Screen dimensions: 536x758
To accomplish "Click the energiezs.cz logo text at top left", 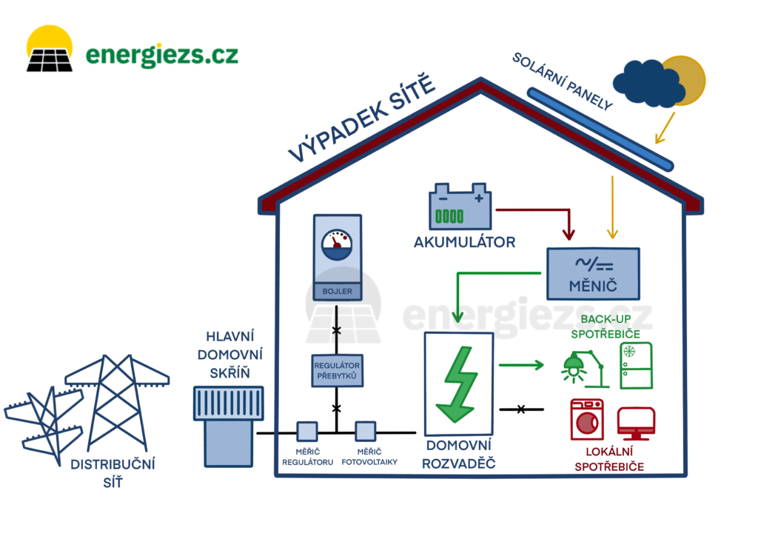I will [161, 55].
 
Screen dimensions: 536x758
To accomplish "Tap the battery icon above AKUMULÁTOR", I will [460, 208].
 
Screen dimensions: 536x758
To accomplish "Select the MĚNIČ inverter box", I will [594, 272].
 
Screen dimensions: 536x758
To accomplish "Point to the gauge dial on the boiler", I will [337, 244].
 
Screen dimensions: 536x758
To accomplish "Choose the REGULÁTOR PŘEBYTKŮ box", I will [336, 371].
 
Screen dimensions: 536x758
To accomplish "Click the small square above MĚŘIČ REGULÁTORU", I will [306, 432].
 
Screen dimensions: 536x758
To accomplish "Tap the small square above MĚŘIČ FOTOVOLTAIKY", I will [366, 432].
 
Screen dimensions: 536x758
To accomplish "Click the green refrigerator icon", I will [636, 364].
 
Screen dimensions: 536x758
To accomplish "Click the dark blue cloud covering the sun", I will [648, 83].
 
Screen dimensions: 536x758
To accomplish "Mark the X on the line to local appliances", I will [521, 409].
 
